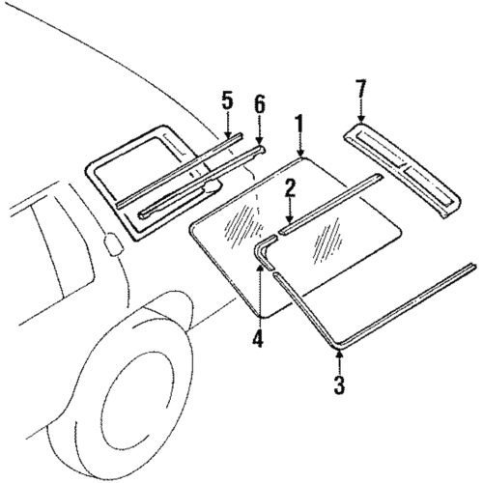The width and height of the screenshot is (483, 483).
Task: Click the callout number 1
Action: coord(300,125)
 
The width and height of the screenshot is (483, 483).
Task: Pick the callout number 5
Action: coord(227,100)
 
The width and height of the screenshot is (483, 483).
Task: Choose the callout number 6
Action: coord(259,105)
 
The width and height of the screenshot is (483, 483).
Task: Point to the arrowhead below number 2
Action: coord(288,223)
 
